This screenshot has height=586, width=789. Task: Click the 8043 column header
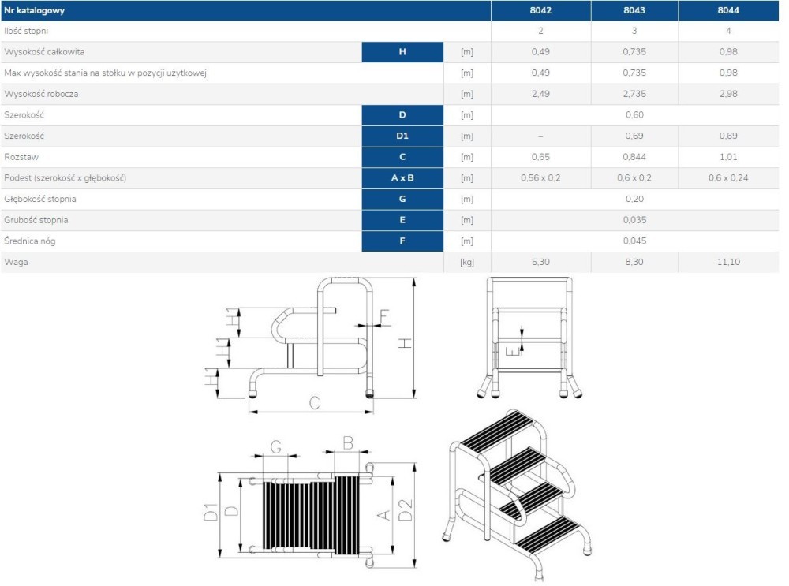634,10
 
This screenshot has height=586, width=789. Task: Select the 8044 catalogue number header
728,10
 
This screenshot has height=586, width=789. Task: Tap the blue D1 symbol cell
402,136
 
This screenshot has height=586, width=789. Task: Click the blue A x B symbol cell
402,178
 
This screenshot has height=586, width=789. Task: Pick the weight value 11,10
728,262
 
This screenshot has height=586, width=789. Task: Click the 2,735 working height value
634,94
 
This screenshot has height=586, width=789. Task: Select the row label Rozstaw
21,157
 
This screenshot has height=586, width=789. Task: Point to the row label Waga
16,262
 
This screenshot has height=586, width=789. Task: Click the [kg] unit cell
467,262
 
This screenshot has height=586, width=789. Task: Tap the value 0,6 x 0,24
728,178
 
